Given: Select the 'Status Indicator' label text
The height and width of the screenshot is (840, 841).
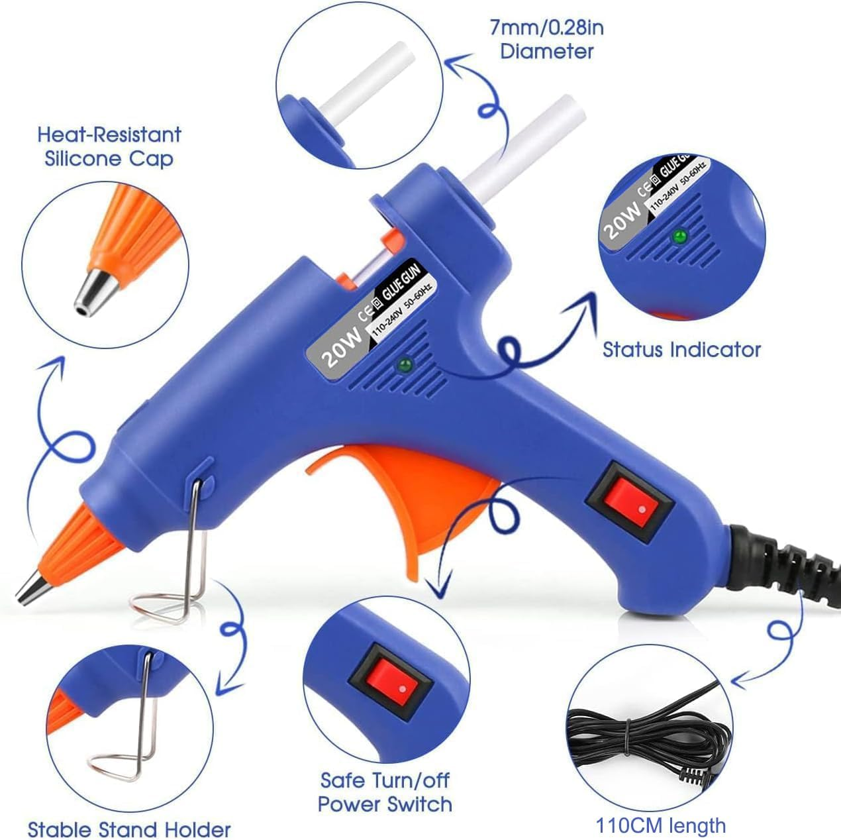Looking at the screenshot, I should click(x=681, y=349).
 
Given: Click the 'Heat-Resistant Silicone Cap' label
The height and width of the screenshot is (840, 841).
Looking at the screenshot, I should click(x=109, y=146).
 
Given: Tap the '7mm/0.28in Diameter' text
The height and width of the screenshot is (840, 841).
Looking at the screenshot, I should click(x=546, y=40).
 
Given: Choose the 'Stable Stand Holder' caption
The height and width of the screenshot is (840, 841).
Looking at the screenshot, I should click(x=129, y=829).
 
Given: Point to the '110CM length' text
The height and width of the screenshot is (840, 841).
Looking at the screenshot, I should click(x=660, y=825).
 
